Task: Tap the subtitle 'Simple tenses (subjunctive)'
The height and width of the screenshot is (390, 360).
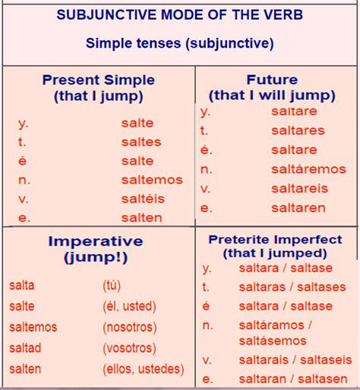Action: [x=180, y=43]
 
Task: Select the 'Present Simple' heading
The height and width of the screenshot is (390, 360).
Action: [x=99, y=80]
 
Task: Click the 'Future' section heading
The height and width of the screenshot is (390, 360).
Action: [x=272, y=80]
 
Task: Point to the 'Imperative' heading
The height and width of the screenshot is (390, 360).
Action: [x=96, y=241]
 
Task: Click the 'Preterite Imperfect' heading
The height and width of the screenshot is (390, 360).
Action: [x=275, y=240]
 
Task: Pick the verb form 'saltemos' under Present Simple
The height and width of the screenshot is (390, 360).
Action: [x=152, y=180]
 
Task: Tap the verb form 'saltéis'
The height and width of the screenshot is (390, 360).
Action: [x=143, y=199]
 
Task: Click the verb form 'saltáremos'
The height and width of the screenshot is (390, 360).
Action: [x=308, y=169]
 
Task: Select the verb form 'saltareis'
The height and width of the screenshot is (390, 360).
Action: [x=300, y=188]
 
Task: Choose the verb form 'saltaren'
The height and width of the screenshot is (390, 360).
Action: [x=298, y=208]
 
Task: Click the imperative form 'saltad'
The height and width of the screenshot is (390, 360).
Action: [x=25, y=348]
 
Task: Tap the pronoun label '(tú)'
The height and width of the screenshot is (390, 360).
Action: [x=112, y=286]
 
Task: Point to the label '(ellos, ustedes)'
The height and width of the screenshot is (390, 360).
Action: [x=144, y=370]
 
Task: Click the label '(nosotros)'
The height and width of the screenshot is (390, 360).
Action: [x=130, y=327]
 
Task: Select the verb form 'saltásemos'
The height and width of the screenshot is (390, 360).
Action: [x=273, y=341]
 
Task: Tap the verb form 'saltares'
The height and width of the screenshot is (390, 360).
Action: [x=298, y=131]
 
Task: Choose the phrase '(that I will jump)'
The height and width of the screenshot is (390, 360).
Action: [x=272, y=96]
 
